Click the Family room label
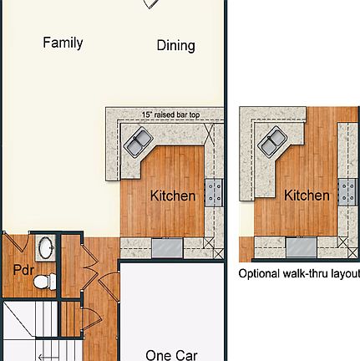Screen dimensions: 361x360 tap(63, 43)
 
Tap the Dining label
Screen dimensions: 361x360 tap(175, 46)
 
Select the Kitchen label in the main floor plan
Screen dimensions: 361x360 tap(173, 196)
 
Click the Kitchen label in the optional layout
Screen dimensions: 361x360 tap(307, 196)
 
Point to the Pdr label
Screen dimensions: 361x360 tap(23, 270)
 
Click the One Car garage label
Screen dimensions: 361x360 tap(171, 354)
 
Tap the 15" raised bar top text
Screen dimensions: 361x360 tap(170, 114)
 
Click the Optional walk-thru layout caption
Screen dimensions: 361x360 tap(299, 273)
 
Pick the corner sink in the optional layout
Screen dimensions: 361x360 tap(270, 143)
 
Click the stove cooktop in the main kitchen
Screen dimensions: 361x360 tap(214, 191)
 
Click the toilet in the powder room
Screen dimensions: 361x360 tap(44, 280)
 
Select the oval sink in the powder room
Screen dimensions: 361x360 tap(46, 248)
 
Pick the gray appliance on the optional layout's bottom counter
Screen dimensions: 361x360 tap(300, 247)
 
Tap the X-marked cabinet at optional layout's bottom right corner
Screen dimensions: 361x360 tap(343, 243)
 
